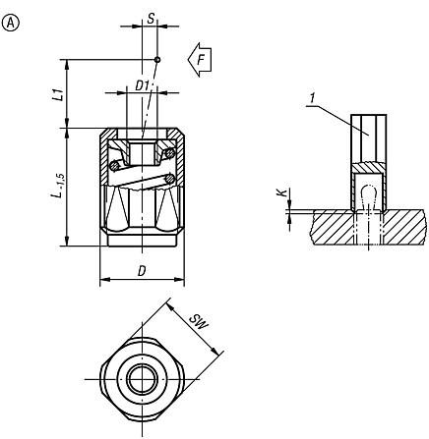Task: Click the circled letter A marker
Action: (13, 15)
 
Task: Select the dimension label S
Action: (150, 17)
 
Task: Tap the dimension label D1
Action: (142, 85)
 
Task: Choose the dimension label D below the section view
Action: (143, 272)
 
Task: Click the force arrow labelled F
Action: (201, 61)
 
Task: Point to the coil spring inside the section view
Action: (143, 172)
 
